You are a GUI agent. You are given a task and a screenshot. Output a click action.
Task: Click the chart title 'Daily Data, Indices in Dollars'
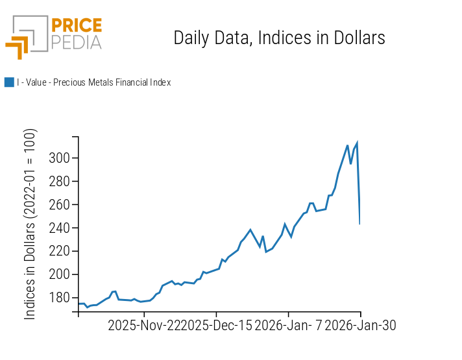pos(279,38)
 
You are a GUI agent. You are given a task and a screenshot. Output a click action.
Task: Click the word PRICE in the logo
pos(76,26)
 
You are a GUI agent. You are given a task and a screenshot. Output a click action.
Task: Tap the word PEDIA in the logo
pos(76,43)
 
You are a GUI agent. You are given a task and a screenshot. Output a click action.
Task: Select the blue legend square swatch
pos(9,82)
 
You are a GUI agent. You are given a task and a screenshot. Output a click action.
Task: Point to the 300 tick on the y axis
pos(60,158)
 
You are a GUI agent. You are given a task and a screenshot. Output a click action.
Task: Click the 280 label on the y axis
pos(60,182)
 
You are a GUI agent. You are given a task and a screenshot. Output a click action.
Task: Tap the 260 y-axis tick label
pos(60,205)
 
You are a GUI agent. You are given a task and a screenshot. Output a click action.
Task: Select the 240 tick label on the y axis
pos(60,228)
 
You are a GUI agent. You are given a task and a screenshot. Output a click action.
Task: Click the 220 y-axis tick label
pos(60,251)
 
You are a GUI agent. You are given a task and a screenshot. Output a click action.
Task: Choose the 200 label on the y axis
pos(60,274)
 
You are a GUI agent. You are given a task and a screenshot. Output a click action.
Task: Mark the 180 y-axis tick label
pos(60,298)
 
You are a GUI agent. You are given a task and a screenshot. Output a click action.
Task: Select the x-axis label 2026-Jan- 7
pos(287,325)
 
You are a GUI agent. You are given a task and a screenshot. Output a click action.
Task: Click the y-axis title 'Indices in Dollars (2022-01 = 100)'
pos(30,224)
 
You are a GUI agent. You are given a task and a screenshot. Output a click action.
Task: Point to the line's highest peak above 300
pos(357,143)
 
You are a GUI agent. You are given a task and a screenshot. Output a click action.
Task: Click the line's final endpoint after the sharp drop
pos(359,224)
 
